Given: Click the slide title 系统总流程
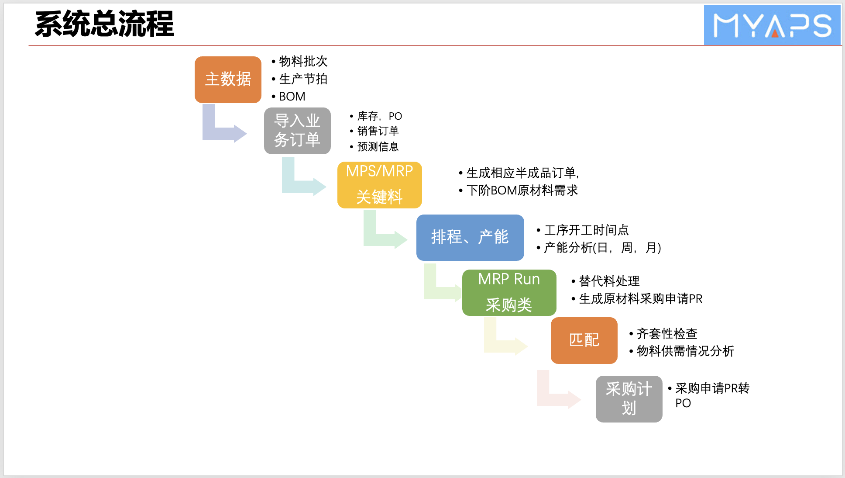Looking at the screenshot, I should click(x=104, y=24).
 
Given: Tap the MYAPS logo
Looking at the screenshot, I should click(x=772, y=25).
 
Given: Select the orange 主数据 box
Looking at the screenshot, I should click(x=228, y=80).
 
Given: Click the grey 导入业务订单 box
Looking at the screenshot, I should click(x=297, y=131).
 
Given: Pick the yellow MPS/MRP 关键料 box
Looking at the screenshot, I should click(x=379, y=185).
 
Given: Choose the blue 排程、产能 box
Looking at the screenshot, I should click(x=470, y=237).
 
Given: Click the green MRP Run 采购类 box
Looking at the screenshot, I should click(x=509, y=292).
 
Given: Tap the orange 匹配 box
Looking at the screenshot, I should click(x=584, y=340).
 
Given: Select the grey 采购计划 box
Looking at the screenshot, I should click(x=629, y=398).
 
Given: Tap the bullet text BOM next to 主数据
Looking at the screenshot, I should click(x=292, y=97).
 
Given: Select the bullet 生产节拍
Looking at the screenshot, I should click(x=303, y=79).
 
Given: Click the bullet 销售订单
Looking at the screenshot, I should click(x=378, y=131).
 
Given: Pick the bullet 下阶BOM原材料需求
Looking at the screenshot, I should click(x=522, y=191).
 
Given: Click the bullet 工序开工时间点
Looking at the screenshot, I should click(x=586, y=230).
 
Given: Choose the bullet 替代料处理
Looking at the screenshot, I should click(x=609, y=281).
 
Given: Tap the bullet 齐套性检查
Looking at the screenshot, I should click(x=667, y=334).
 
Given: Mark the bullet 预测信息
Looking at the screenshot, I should click(x=378, y=147).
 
